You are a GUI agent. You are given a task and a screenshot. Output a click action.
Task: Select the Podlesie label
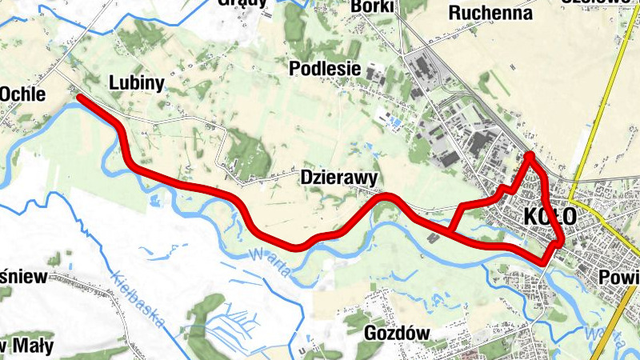[325, 68]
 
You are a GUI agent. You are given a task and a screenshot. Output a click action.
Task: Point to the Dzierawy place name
[339, 177]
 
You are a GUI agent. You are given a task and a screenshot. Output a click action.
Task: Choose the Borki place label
[372, 6]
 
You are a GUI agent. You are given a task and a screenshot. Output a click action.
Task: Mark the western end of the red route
[80, 98]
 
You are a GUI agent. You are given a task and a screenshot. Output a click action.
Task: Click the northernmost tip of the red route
[530, 154]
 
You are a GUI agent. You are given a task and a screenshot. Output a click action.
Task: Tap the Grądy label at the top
[242, 3]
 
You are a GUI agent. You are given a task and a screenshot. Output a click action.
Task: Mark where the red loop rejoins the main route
[450, 233]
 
